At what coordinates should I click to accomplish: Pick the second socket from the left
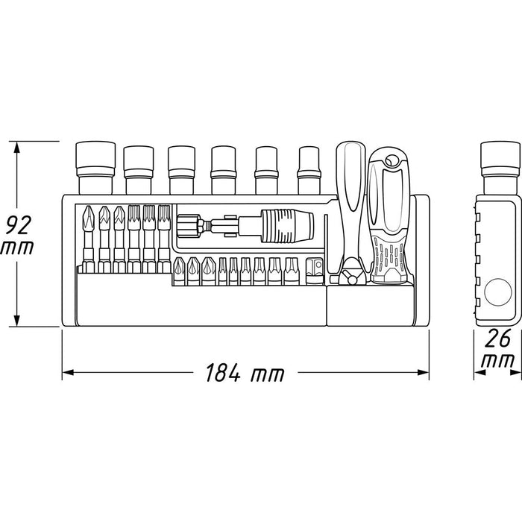click(137, 168)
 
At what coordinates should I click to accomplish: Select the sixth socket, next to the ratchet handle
click(309, 169)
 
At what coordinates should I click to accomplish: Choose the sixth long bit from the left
click(163, 235)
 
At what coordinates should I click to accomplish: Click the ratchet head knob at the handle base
click(349, 277)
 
